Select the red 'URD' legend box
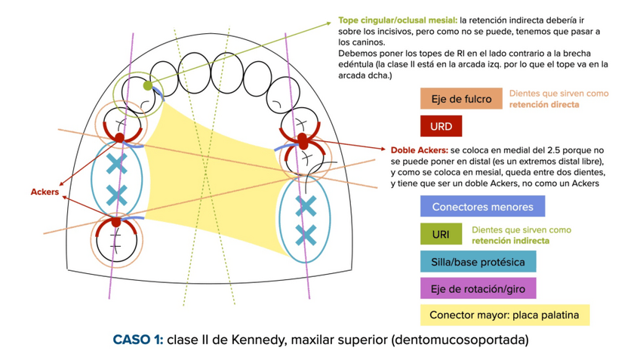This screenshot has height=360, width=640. coord(442,125)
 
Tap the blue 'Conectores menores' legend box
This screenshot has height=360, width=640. coord(482,206)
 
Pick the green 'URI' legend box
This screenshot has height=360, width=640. coord(441,234)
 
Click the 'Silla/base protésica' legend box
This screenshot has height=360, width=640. coord(478,261)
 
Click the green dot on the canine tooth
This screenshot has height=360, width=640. coord(148,86)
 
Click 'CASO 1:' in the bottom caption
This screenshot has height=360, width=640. coord(137,340)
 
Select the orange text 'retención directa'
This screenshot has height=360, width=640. coord(544,105)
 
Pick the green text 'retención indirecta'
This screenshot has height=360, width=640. coord(510,240)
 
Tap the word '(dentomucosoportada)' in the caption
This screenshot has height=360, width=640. coord(460,340)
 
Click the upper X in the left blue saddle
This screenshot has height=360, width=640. coord(115,163)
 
